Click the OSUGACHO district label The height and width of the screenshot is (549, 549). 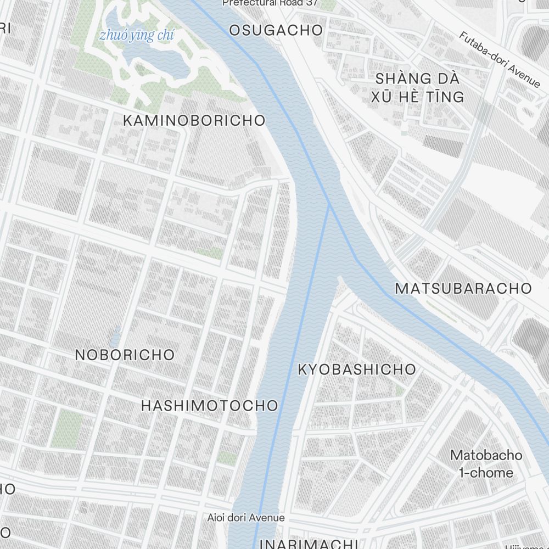click(x=276, y=30)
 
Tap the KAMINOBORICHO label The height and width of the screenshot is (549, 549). click(x=194, y=120)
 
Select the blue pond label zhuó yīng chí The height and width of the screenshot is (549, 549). click(x=137, y=36)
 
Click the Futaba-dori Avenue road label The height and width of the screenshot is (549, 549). click(x=500, y=60)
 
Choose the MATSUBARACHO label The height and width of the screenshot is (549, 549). click(x=463, y=288)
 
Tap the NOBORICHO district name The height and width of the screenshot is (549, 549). click(x=125, y=355)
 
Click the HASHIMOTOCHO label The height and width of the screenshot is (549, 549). click(x=210, y=406)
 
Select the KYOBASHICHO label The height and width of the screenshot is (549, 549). click(x=357, y=369)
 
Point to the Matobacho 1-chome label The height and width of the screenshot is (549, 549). click(x=486, y=463)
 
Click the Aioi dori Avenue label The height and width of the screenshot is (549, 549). click(x=246, y=518)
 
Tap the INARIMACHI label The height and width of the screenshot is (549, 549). click(x=309, y=544)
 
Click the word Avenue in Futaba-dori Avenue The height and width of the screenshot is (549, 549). click(x=524, y=75)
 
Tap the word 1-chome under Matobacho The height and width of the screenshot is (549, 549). click(x=488, y=472)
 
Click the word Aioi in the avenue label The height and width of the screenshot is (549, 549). click(x=217, y=518)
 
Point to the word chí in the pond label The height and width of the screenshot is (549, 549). click(x=165, y=36)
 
